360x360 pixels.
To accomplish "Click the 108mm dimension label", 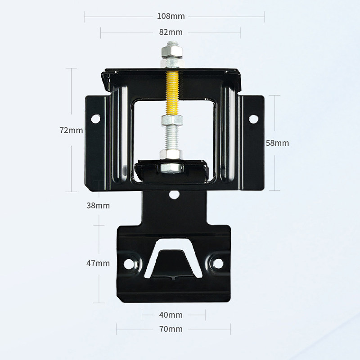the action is pos(171,16).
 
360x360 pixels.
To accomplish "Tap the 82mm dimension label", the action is pos(171,32).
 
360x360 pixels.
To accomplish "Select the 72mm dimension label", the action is pos(71,130).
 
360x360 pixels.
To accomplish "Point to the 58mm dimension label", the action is pos(277,143).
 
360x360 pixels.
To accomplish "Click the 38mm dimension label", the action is pos(98,206).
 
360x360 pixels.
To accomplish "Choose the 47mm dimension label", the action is pos(98,263).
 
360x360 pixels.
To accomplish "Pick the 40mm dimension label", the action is pos(171,315).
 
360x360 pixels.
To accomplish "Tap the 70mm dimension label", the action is pos(171,329).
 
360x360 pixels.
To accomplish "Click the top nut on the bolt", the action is pos(172,52).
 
